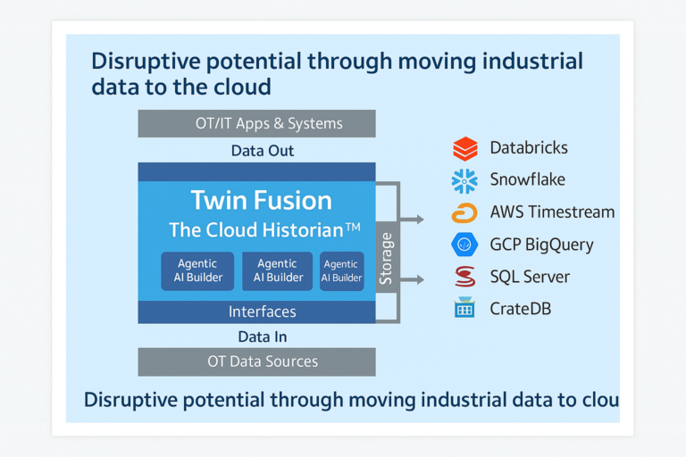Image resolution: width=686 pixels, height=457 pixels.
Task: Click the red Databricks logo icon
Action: coord(465,148)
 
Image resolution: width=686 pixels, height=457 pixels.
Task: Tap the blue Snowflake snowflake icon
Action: coord(464,180)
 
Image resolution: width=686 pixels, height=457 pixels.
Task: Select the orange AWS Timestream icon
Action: coord(464,212)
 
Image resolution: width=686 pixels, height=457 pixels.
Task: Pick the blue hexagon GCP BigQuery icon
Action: coord(464,245)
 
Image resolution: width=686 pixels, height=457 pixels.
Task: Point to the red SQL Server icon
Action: coord(464,277)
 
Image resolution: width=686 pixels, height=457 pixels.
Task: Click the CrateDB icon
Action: coord(464,309)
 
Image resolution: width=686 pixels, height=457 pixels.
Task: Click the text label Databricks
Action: coord(529,148)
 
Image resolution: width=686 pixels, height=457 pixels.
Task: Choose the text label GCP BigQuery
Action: coord(541,245)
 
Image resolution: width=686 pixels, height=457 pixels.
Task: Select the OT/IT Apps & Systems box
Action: coord(256,123)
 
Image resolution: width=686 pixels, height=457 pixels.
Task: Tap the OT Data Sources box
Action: coord(256,361)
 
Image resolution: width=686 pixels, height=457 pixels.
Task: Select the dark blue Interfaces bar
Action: coord(256,312)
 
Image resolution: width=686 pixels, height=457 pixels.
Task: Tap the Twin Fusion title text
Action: coord(261,200)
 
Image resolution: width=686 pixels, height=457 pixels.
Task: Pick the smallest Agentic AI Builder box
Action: coord(342,271)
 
